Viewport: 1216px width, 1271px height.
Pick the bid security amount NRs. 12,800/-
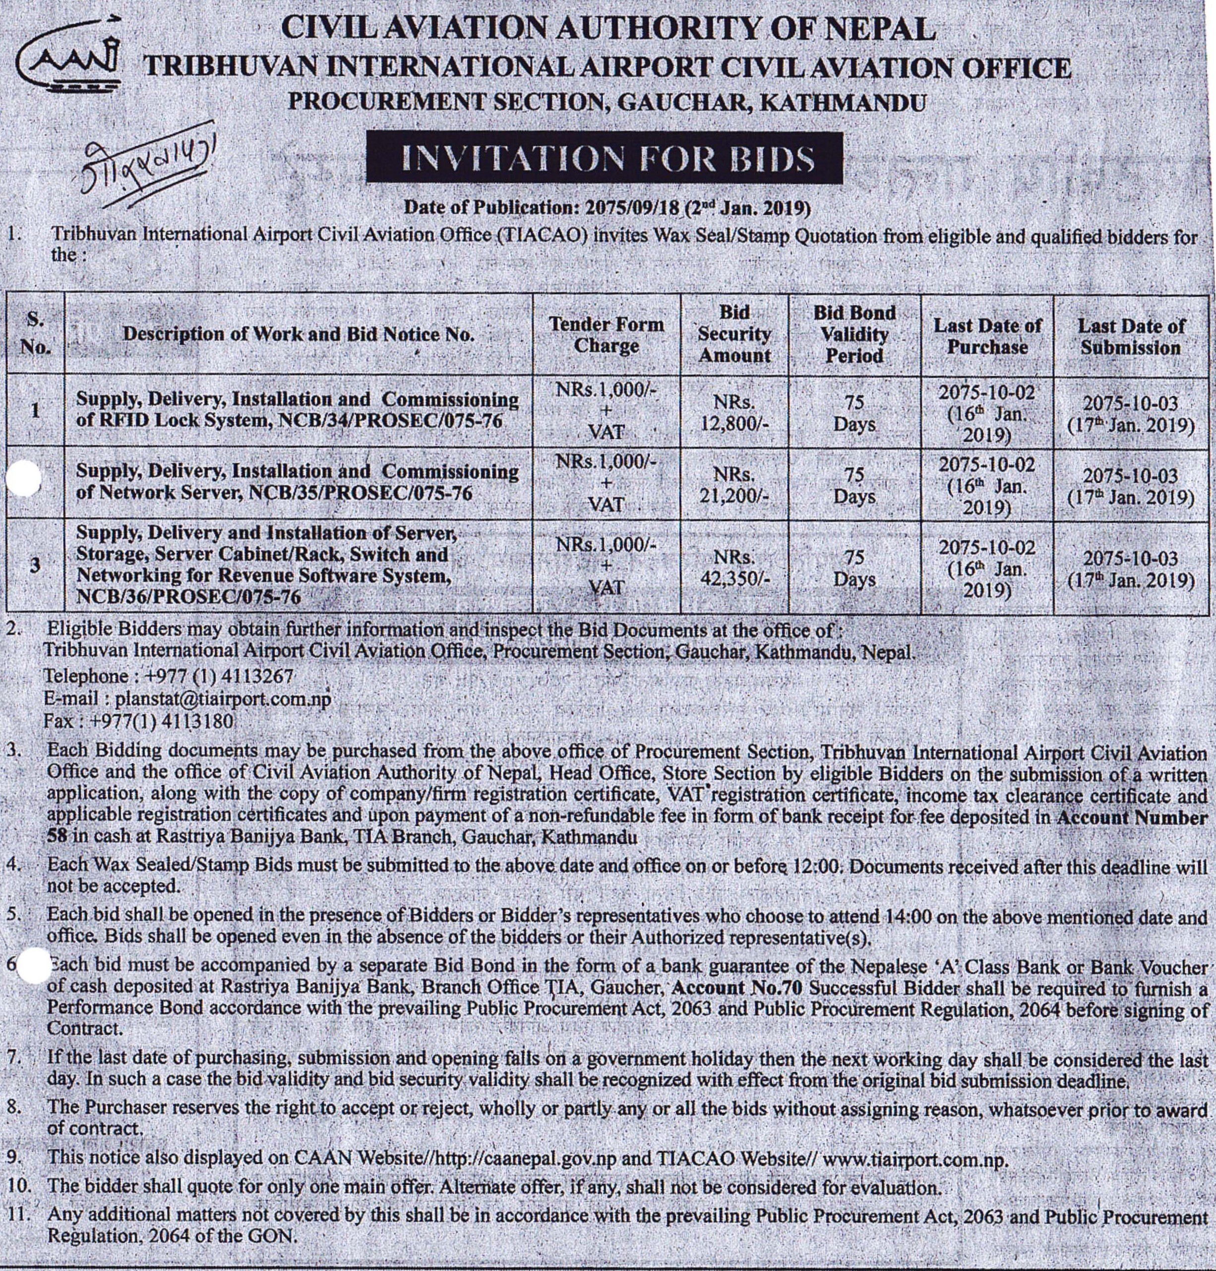tap(734, 412)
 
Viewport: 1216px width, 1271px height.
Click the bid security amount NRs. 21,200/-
tap(734, 485)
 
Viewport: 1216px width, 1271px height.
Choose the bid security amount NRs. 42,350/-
tap(734, 568)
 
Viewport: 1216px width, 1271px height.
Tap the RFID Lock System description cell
tap(298, 410)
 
